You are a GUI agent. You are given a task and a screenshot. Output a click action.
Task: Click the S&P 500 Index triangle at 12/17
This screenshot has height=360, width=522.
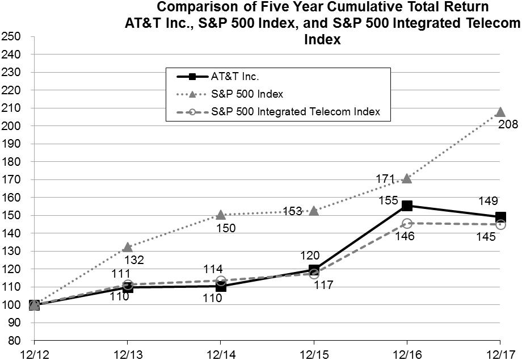click(x=500, y=112)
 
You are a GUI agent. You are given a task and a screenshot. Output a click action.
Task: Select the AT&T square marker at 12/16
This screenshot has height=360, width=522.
click(x=407, y=206)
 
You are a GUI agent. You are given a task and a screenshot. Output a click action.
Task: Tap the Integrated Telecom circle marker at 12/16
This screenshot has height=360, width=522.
click(x=407, y=223)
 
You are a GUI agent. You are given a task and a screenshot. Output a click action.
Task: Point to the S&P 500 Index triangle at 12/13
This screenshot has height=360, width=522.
click(x=128, y=247)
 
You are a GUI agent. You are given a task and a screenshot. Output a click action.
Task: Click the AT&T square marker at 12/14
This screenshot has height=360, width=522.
click(x=221, y=286)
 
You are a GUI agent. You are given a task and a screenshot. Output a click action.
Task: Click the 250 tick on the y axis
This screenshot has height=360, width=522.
click(x=12, y=36)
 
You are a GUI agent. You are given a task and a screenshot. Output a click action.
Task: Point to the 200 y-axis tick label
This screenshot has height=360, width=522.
click(x=12, y=125)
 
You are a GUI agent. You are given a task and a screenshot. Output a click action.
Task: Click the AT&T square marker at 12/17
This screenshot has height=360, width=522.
click(x=500, y=216)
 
